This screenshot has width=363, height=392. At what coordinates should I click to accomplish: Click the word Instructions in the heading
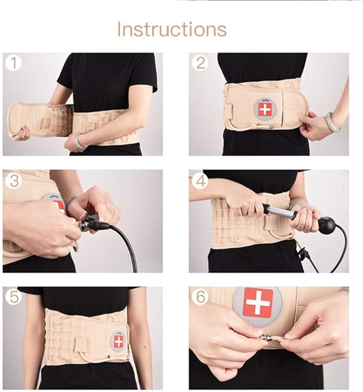tap(172, 29)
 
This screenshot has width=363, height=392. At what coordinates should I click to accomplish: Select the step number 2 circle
tap(200, 63)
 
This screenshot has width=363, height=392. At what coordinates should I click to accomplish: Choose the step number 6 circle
tap(200, 296)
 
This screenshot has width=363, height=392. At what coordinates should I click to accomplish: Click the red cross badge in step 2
tap(265, 110)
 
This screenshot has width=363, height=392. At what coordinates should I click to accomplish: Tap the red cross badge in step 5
tap(118, 341)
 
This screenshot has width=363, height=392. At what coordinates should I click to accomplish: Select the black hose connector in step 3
tap(96, 225)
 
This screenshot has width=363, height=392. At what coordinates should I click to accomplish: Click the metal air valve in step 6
tap(266, 337)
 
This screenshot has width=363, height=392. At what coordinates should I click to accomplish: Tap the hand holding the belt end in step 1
tap(21, 132)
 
